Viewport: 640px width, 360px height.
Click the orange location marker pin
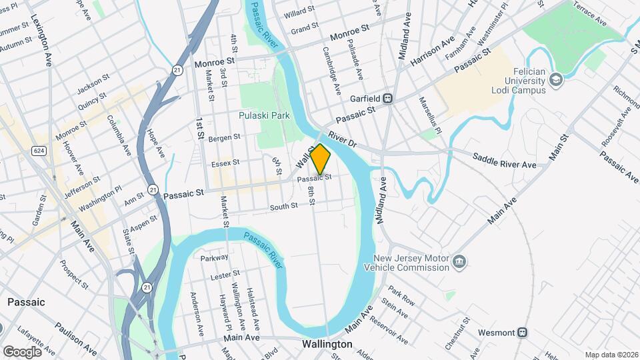(320, 159)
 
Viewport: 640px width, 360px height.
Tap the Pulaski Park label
(265, 115)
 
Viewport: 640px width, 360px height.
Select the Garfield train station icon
(387, 99)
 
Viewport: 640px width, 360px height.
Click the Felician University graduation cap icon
(555, 81)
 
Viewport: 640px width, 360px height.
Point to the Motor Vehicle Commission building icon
(459, 262)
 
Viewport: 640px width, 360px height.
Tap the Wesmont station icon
(523, 332)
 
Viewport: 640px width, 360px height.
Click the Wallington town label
(327, 345)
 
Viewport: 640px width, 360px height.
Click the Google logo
(22, 351)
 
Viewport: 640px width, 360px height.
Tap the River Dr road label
(343, 139)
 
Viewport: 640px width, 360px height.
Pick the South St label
(283, 207)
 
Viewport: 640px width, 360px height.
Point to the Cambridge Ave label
(331, 70)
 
